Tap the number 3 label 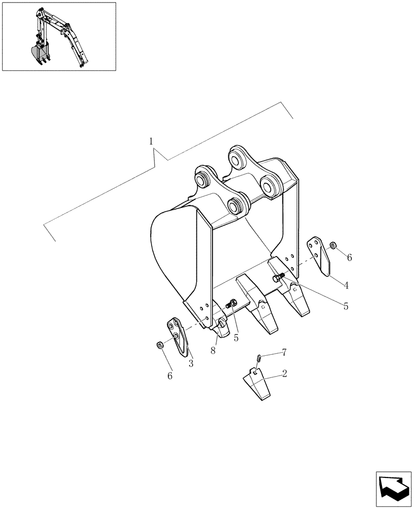click(x=191, y=363)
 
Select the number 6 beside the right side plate click(x=349, y=258)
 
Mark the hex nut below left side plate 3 click(x=160, y=346)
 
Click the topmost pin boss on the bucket click(x=238, y=157)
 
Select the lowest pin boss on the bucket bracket click(x=235, y=206)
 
